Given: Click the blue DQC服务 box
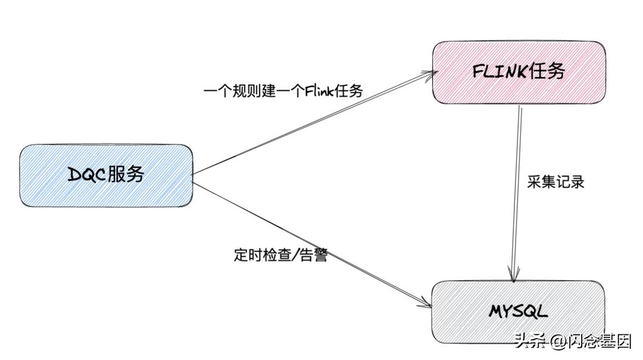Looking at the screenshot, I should click(x=106, y=175).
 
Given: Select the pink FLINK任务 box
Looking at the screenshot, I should click(x=518, y=72).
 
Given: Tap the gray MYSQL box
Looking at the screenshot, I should click(x=517, y=311).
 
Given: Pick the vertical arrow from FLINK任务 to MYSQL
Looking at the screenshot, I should click(x=517, y=190).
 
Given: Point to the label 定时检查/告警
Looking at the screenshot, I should click(x=280, y=255).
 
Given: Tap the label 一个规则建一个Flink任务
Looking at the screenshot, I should click(x=283, y=91).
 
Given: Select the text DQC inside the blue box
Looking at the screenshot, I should click(x=87, y=175).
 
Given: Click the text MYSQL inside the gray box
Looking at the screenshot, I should click(x=517, y=311).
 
